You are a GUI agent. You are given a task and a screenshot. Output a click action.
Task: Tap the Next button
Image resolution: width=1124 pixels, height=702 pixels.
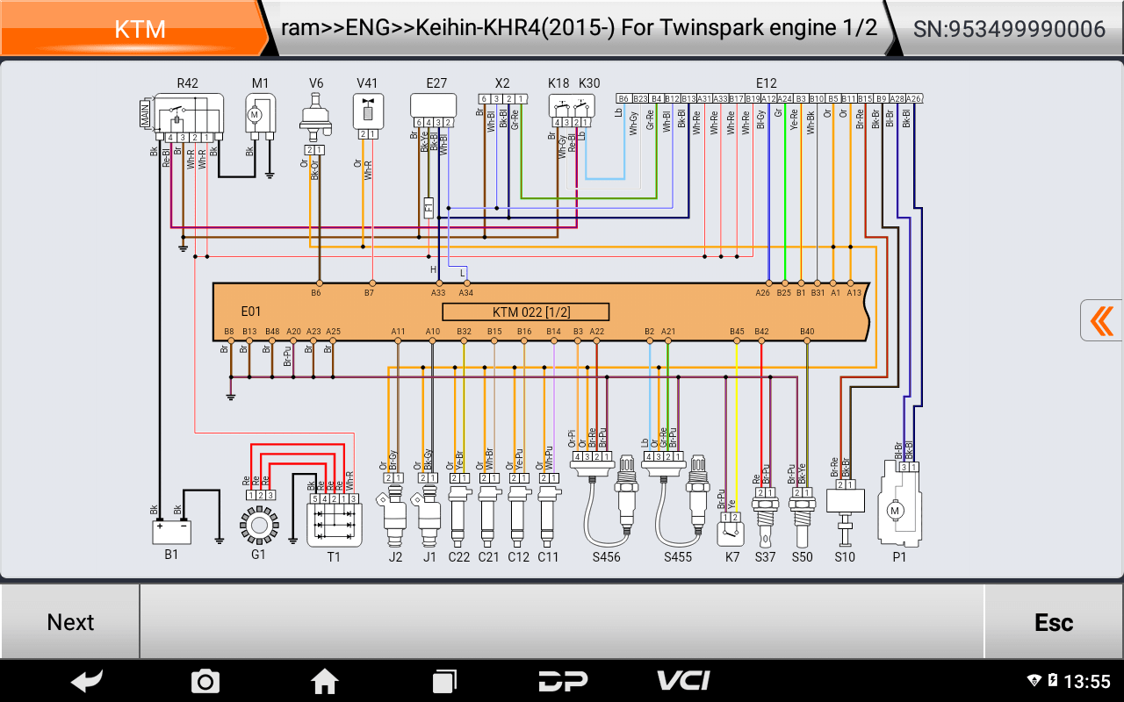[70, 622]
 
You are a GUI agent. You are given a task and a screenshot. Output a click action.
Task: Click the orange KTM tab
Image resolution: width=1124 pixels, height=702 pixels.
[139, 29]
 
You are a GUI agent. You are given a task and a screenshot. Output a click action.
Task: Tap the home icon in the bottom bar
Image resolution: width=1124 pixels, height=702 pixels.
[325, 680]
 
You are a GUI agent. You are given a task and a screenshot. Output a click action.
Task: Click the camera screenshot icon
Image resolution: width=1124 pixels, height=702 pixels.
[205, 680]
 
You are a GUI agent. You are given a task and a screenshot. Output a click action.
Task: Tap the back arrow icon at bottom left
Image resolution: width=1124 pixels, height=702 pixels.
[87, 680]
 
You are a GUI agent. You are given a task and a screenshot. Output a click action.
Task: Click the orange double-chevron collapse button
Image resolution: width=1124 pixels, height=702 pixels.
[1102, 320]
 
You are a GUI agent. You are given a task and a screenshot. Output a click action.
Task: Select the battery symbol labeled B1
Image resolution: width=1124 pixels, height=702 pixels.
[171, 532]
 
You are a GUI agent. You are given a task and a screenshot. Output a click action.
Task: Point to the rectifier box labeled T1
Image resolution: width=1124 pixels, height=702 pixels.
[334, 524]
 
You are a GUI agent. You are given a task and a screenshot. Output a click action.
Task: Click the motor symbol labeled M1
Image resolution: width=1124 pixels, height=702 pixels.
[260, 114]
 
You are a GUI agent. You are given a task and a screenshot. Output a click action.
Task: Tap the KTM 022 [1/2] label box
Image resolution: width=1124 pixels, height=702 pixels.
[525, 312]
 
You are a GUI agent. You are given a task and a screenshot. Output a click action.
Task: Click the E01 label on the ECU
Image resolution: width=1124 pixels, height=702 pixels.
[251, 312]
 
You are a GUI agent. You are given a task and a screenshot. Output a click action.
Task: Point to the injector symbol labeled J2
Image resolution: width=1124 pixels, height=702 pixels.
[394, 518]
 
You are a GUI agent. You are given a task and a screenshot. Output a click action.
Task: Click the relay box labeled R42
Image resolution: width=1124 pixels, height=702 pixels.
[187, 113]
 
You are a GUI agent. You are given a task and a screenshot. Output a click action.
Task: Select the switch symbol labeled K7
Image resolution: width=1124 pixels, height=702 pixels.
[731, 530]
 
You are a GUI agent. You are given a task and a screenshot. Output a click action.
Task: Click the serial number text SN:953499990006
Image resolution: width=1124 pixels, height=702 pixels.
[1009, 29]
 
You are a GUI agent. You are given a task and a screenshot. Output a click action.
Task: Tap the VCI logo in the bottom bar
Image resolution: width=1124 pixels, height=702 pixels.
[683, 680]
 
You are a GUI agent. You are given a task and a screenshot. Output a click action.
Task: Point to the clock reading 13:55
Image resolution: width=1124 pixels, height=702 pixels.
[1087, 682]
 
